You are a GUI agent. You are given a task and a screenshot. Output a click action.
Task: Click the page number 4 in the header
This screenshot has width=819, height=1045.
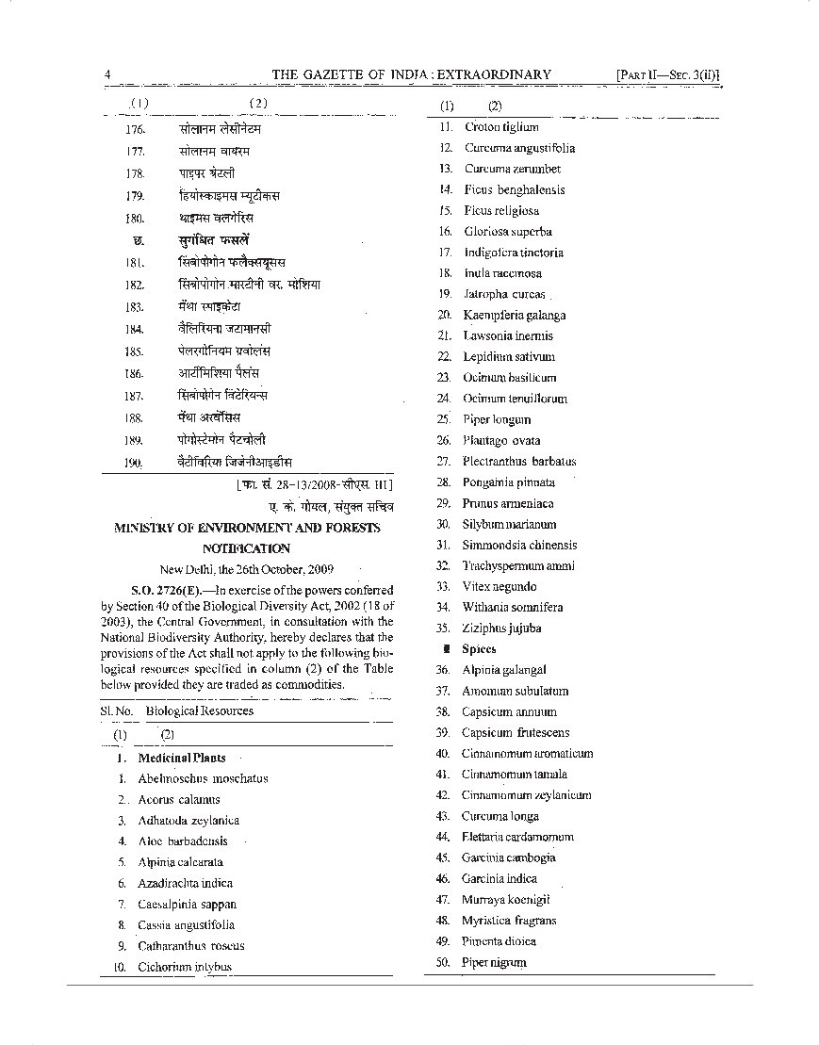click(x=108, y=75)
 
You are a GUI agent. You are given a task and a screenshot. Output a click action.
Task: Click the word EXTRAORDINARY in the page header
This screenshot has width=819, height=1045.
click(x=489, y=75)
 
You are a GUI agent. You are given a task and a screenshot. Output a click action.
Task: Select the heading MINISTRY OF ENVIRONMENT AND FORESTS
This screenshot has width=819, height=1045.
click(x=248, y=529)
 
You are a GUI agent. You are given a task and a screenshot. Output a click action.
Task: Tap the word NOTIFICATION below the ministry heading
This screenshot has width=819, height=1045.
click(x=246, y=548)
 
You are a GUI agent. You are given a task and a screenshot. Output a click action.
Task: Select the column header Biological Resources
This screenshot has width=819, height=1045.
click(x=200, y=711)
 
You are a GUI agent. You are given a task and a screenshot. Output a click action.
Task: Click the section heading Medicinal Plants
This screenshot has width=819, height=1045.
click(x=182, y=758)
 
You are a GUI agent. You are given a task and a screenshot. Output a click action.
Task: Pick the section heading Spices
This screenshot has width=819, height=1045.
click(x=479, y=649)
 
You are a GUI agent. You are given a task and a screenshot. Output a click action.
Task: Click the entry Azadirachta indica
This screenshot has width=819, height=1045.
click(x=185, y=883)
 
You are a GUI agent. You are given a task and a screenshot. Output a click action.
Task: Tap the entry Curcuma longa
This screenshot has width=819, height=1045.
click(x=500, y=816)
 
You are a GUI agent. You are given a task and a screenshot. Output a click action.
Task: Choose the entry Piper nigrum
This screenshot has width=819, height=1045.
click(x=494, y=962)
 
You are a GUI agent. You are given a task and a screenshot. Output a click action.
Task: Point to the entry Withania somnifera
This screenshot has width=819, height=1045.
click(x=513, y=608)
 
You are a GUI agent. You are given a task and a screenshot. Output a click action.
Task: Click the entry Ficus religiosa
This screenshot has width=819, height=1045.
click(x=501, y=211)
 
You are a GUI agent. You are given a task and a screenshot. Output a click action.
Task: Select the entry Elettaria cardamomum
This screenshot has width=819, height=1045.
click(x=517, y=837)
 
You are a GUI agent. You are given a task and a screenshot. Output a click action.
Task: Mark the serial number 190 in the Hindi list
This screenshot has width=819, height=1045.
click(x=133, y=463)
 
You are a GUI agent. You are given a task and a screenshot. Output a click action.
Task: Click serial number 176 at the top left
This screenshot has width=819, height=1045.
click(x=135, y=128)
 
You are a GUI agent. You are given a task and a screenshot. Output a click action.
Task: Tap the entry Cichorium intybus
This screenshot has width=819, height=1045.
click(x=185, y=967)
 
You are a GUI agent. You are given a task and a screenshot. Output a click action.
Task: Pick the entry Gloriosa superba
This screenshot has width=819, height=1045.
click(x=507, y=232)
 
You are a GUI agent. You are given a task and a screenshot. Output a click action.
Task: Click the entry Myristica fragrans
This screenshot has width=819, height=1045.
click(x=509, y=921)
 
